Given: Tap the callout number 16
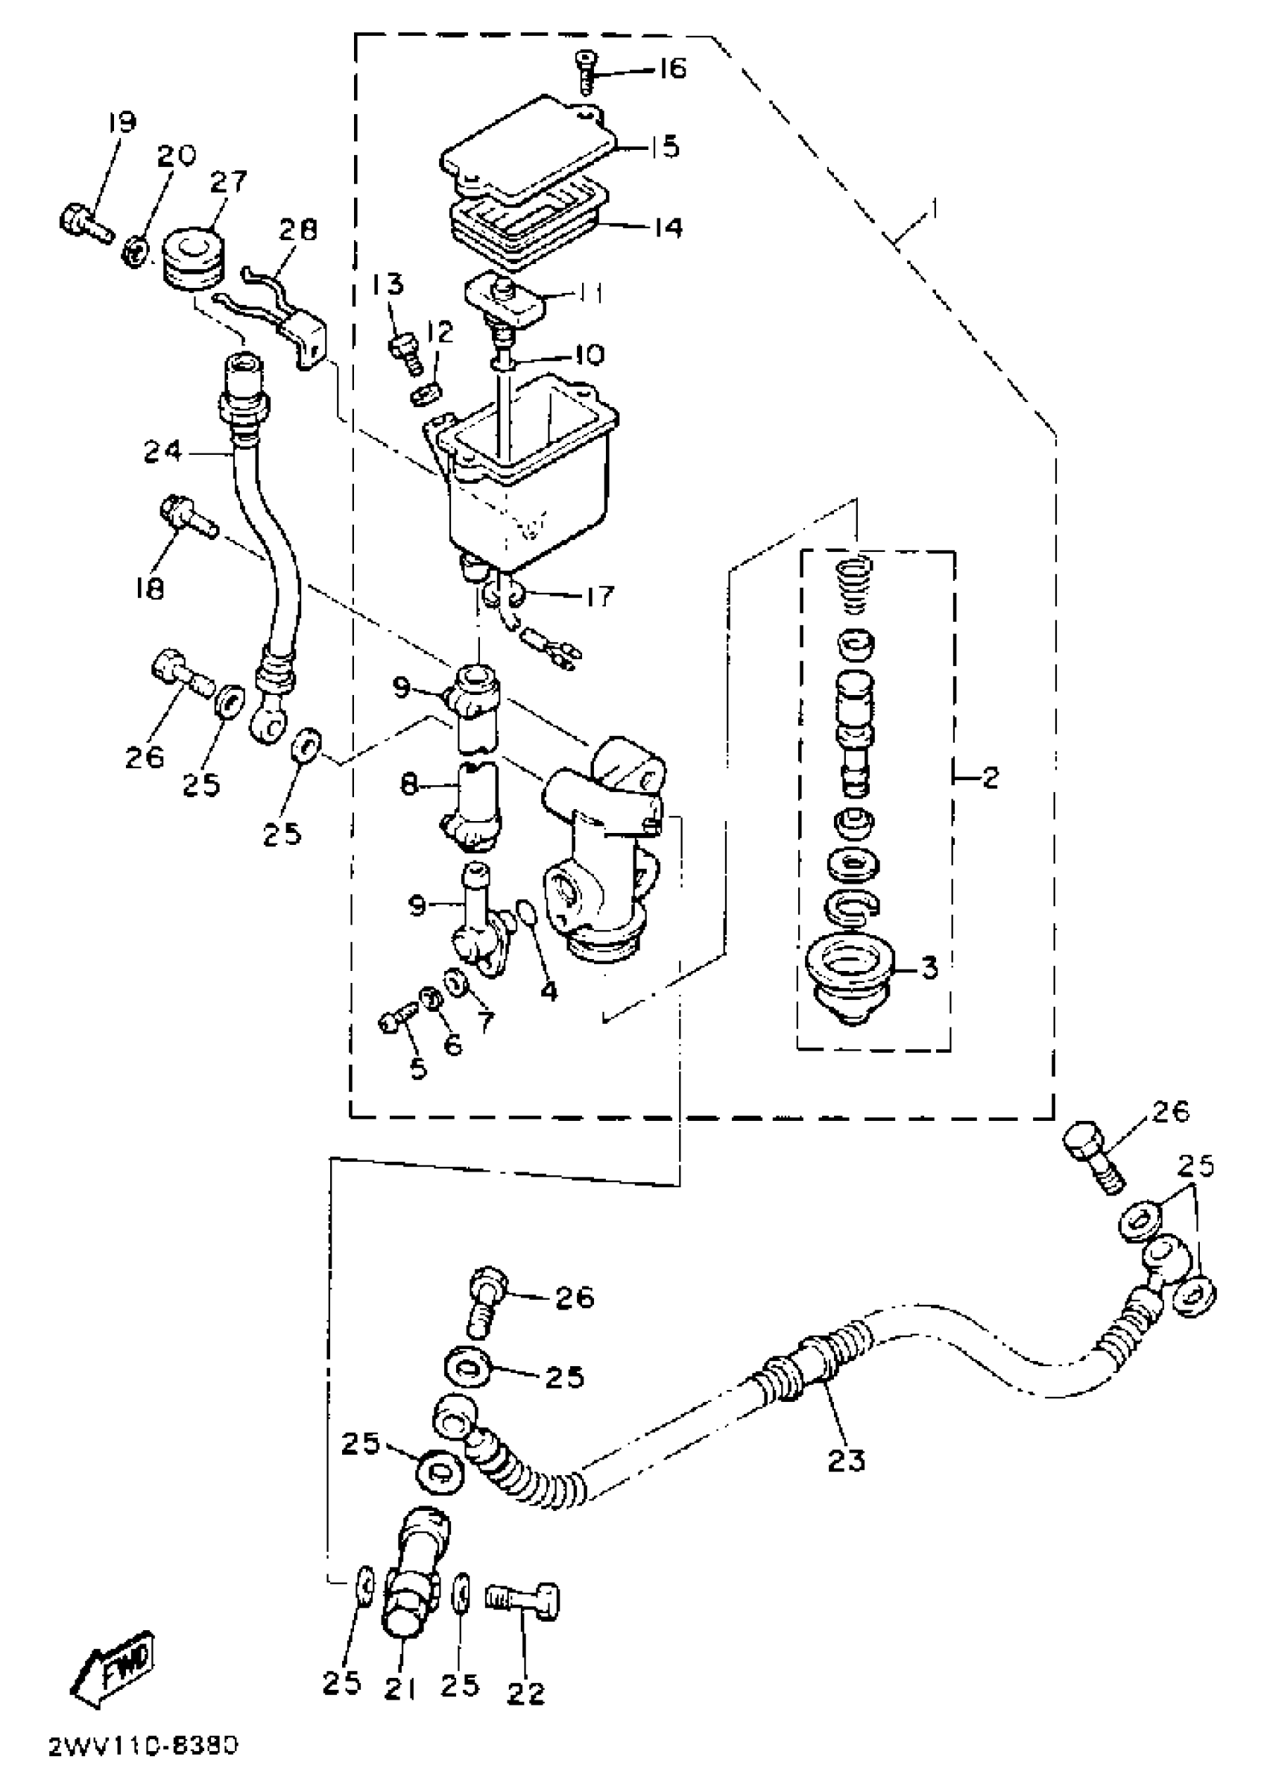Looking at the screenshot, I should (669, 69).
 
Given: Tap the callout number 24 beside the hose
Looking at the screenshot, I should (162, 451).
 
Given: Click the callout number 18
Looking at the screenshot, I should (148, 587).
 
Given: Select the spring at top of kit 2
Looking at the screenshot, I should (856, 585).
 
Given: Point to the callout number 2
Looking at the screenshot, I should (988, 777).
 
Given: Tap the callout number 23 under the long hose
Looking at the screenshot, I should (847, 1459).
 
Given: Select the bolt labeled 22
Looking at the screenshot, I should (524, 1597).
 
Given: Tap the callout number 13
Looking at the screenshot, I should (388, 283).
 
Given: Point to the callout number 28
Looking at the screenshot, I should (299, 229).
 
